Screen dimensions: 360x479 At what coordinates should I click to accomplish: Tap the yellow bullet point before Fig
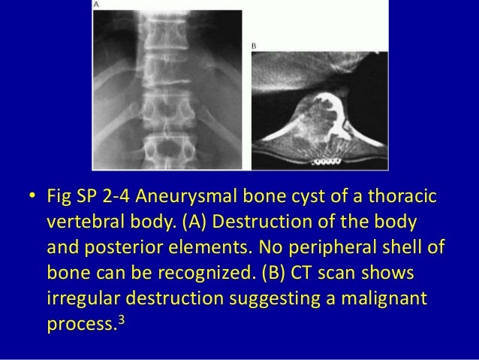pyautogui.click(x=31, y=200)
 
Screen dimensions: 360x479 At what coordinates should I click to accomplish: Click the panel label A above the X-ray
pyautogui.click(x=96, y=5)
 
